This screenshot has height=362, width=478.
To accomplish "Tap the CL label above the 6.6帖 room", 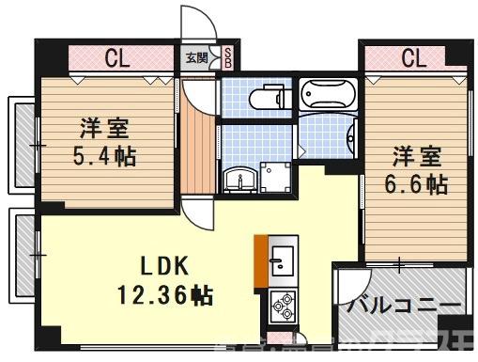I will [413, 58].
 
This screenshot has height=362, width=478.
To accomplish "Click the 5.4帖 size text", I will [103, 155].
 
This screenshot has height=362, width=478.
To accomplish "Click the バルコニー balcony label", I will [404, 307].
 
